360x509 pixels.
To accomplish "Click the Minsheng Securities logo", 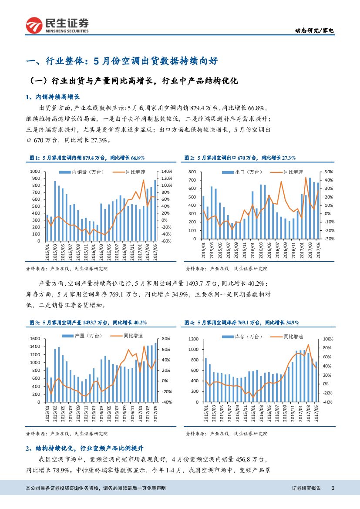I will pos(57,26).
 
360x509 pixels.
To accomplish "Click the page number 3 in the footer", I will pos(333,488).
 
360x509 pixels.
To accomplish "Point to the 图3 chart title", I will pos(87,323).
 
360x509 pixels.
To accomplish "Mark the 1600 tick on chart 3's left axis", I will pos(35,339).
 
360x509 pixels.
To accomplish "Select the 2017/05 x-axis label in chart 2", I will pos(318,249).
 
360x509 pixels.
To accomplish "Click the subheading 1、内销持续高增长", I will pos(53,97).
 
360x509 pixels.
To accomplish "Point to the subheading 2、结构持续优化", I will pos(84,448).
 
